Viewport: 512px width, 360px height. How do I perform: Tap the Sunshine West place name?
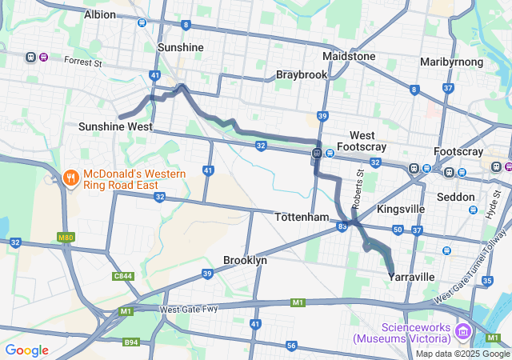[x=115, y=126]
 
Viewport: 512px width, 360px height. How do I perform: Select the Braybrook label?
[x=302, y=74]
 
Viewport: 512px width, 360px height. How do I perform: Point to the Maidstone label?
[x=349, y=57]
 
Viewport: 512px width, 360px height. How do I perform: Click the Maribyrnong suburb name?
[x=451, y=62]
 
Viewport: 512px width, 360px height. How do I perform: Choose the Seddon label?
[x=456, y=197]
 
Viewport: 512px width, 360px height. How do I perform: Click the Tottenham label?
[x=302, y=218]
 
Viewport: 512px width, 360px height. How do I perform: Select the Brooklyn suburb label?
[x=245, y=261]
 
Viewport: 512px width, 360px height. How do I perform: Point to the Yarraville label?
[x=411, y=277]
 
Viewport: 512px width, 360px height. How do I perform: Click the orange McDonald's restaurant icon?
[x=70, y=177]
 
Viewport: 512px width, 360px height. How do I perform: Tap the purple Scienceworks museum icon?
[x=462, y=331]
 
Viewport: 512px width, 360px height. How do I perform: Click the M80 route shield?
[x=66, y=237]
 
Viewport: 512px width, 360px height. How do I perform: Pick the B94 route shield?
[x=130, y=342]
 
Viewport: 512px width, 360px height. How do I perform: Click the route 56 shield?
[x=291, y=346]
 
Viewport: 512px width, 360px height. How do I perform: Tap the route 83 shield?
[x=342, y=227]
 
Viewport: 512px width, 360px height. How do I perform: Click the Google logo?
[x=27, y=350]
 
